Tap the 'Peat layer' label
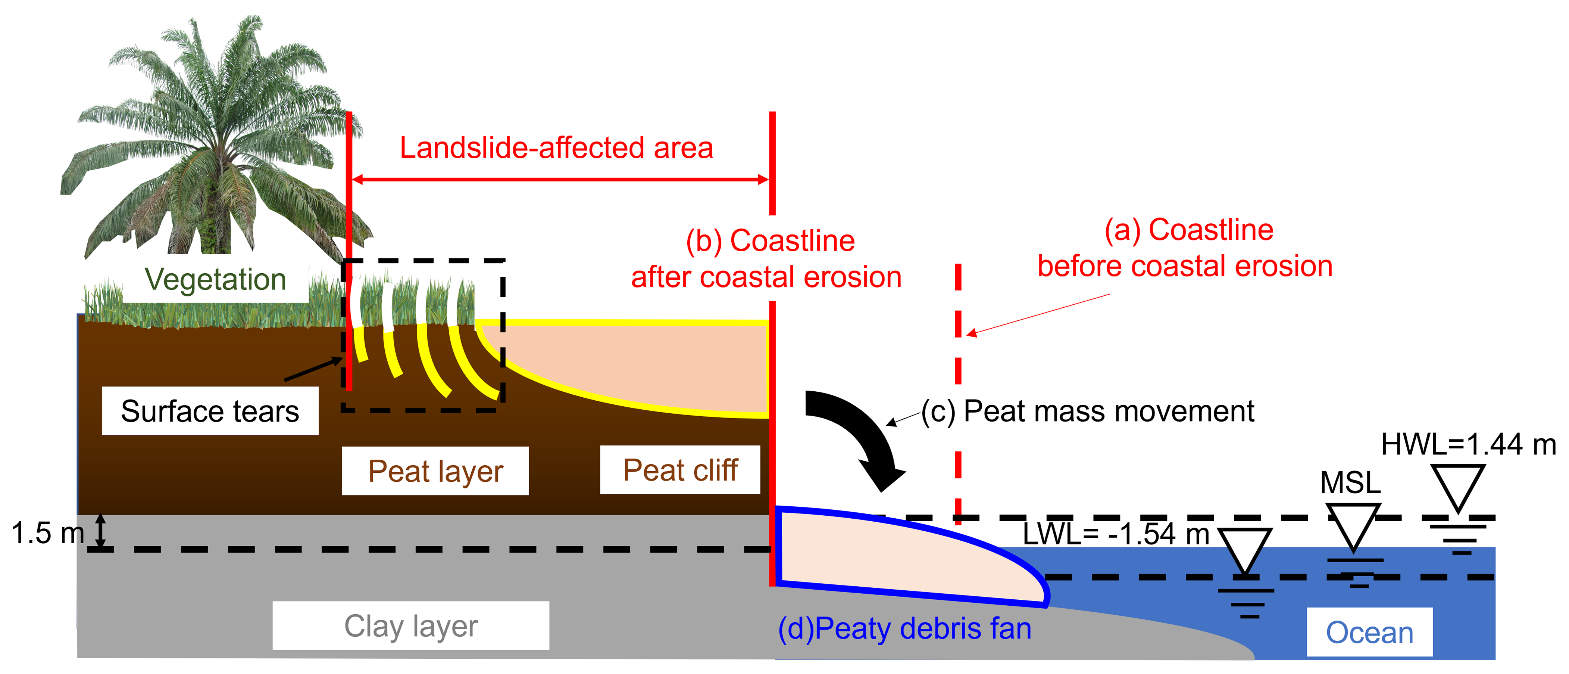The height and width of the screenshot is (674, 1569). [x=435, y=471]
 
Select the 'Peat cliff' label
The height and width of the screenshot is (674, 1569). [x=680, y=470]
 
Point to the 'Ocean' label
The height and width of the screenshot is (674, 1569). [x=1369, y=633]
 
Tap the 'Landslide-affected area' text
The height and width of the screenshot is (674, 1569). [x=556, y=148]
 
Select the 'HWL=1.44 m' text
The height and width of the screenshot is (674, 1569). [x=1468, y=444]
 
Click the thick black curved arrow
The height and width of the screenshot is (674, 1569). [x=859, y=436]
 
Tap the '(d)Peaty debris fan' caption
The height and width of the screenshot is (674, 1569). [x=904, y=629]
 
